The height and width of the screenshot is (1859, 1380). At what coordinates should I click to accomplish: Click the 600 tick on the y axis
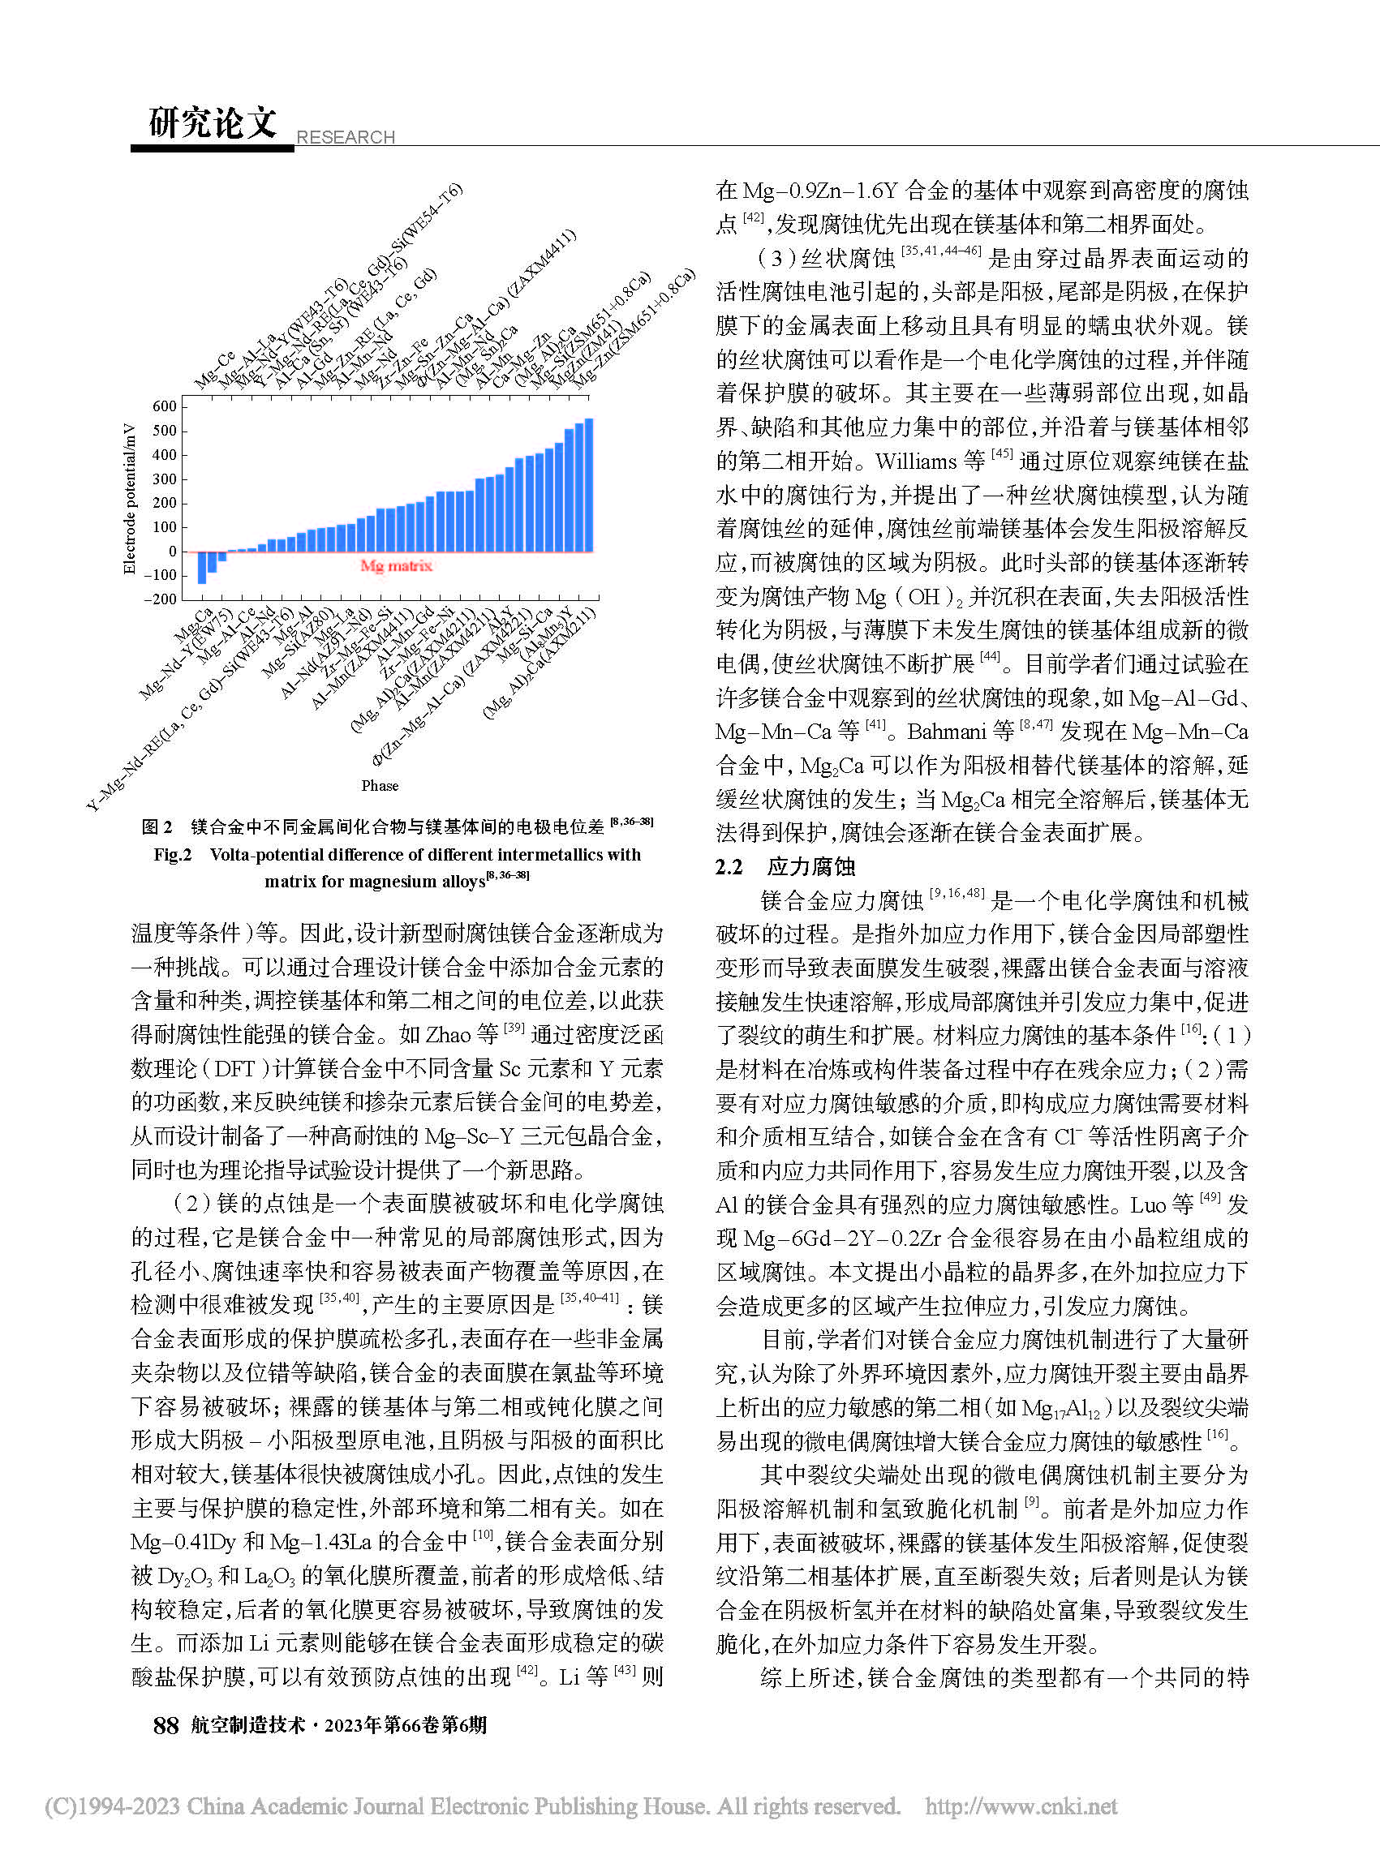165,406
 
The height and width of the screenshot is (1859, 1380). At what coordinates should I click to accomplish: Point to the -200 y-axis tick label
161,599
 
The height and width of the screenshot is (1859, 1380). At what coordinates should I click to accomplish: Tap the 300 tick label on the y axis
165,479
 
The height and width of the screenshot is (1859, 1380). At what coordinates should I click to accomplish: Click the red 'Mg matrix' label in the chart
396,565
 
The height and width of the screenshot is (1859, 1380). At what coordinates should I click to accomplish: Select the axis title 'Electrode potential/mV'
130,499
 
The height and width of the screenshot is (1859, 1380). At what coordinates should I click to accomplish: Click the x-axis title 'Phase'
380,785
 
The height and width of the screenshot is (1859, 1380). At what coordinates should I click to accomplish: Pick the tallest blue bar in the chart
589,484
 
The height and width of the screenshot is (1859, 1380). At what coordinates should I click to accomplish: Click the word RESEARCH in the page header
346,137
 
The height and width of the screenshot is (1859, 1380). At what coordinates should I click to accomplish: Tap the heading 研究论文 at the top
213,122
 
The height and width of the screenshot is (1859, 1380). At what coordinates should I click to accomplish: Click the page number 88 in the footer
166,1725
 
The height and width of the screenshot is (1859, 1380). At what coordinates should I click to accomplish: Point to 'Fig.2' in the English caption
173,854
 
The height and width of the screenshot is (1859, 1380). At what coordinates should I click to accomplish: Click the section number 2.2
729,867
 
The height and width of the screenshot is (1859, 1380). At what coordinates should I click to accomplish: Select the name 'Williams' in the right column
916,461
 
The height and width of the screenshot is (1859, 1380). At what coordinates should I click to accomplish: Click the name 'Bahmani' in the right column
947,732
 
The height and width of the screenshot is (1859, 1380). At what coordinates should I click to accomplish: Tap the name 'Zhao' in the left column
449,1035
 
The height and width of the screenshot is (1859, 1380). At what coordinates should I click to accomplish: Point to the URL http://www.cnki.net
1021,1805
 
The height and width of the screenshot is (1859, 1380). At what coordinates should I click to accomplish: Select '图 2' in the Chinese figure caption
157,826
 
